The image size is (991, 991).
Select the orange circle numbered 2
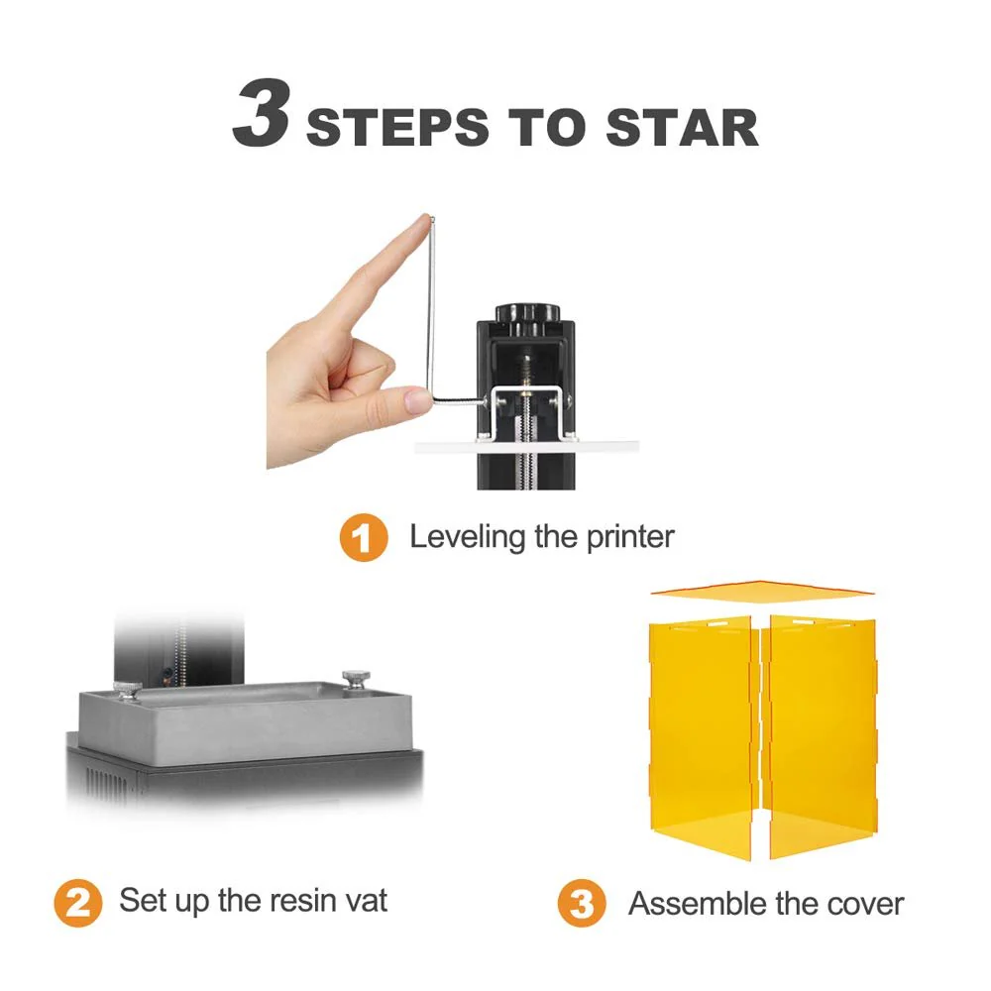(77, 903)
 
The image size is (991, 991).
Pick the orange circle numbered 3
(582, 904)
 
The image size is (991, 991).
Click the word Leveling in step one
(467, 537)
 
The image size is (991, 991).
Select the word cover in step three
(859, 904)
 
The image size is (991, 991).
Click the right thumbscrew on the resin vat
(353, 680)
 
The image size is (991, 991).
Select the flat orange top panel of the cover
(761, 592)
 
